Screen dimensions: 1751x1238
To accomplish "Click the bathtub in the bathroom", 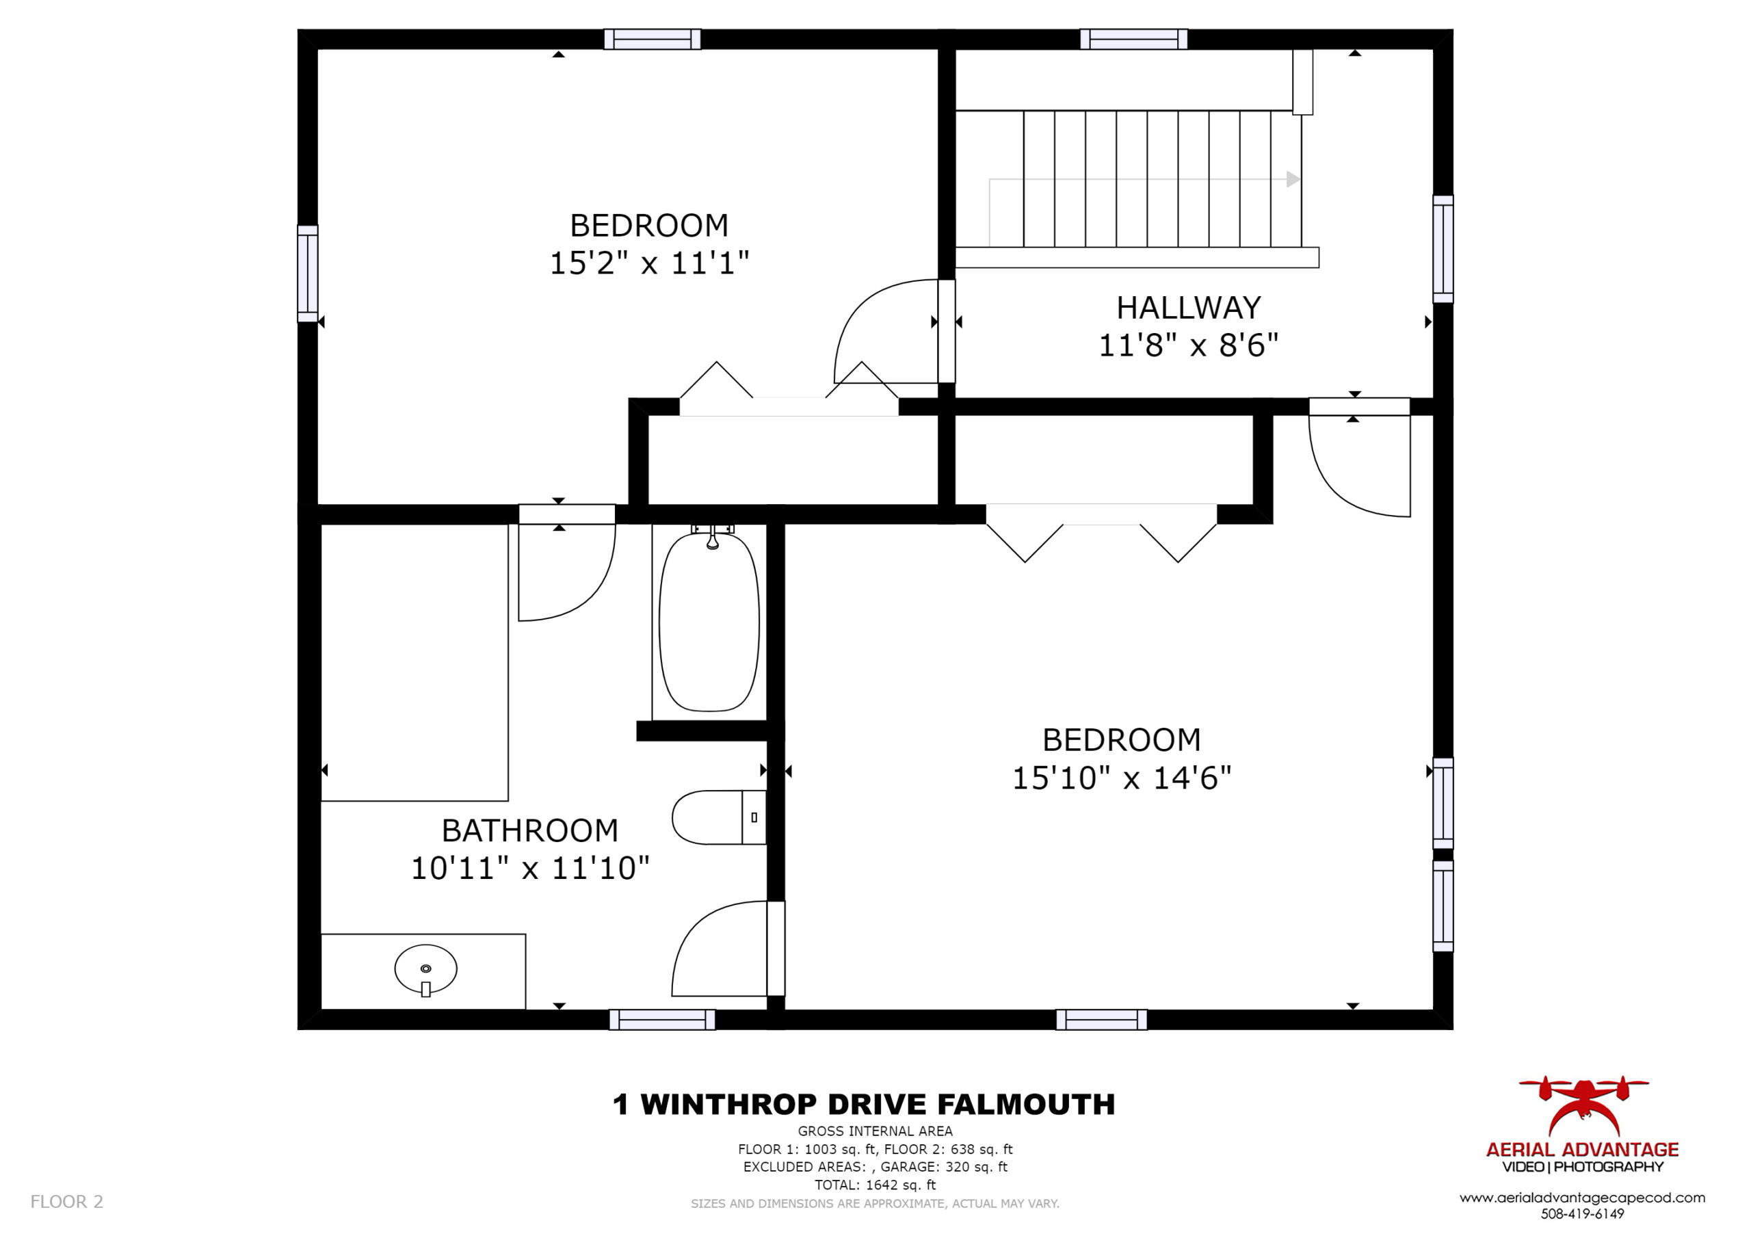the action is tap(709, 622).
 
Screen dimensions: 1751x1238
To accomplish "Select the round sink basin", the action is tap(425, 969).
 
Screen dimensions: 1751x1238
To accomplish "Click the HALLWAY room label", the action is tap(1188, 307).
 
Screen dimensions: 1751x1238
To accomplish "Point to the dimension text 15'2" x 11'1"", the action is tap(650, 263).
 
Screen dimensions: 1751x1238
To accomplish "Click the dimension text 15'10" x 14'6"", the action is tap(1122, 778).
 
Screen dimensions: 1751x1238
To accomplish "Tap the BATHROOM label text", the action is tap(530, 830).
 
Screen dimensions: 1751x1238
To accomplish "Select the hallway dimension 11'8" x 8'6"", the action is tap(1188, 345).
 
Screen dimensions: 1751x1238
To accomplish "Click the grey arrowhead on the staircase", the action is tap(1293, 179).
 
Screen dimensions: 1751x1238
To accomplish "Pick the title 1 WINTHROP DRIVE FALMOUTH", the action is tap(864, 1105).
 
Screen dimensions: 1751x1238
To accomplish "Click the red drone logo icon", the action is tap(1583, 1106).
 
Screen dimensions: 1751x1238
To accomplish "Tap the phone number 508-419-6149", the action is tap(1583, 1213).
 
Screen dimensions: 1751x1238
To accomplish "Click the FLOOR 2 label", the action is tap(66, 1202).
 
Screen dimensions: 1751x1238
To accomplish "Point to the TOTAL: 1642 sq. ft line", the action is tap(875, 1185).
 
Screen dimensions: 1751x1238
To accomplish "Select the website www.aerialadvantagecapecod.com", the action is tap(1583, 1198).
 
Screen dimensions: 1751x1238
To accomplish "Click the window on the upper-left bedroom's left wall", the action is tap(307, 274).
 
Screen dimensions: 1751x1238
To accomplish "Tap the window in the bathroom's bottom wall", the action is tap(662, 1019).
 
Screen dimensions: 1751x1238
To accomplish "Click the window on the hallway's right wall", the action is tap(1443, 249).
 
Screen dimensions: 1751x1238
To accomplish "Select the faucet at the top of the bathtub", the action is tap(712, 537).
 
